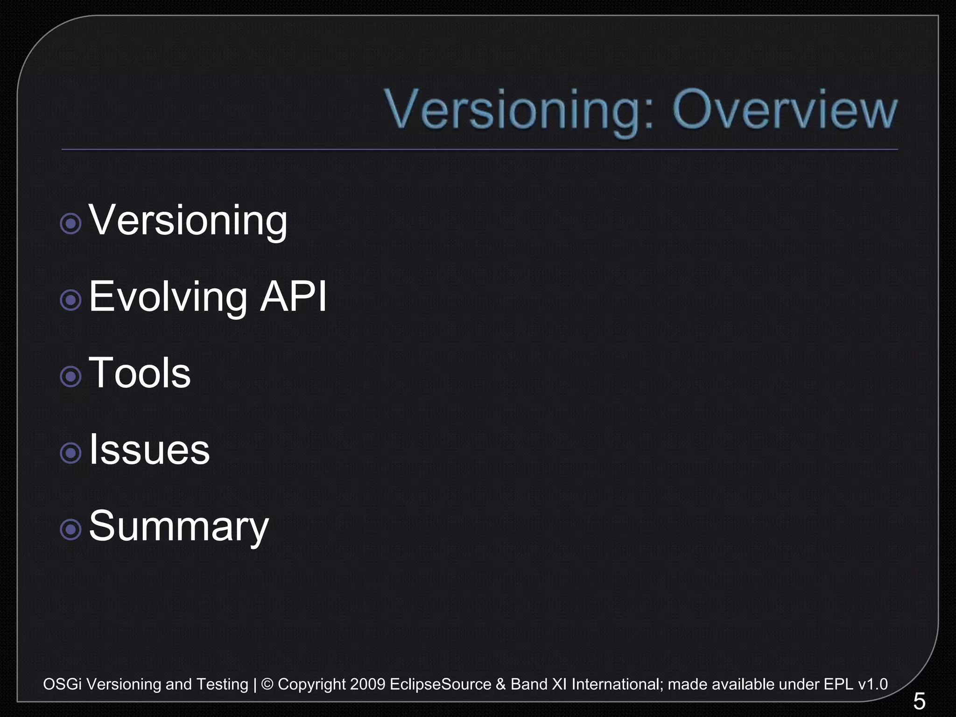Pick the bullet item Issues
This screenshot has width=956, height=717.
[x=149, y=449]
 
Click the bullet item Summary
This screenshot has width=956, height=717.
[x=179, y=526]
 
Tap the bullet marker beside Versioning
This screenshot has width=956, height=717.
[x=71, y=224]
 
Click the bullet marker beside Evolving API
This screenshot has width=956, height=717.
[x=71, y=300]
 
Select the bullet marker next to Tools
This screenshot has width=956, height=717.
[x=71, y=376]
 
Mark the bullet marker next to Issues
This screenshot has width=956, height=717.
[x=71, y=453]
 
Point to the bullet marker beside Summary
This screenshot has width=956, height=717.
[x=71, y=529]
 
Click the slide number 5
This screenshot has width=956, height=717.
[x=919, y=701]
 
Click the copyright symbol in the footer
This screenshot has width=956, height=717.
[x=267, y=684]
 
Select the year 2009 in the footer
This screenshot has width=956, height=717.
[x=367, y=684]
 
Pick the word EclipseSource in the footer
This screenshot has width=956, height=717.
[x=440, y=684]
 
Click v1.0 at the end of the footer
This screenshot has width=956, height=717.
[x=872, y=684]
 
